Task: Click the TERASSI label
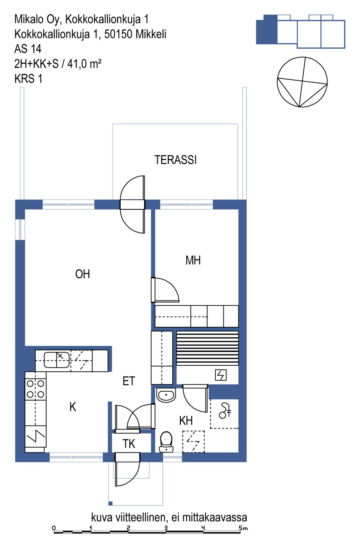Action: point(175,160)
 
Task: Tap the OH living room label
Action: point(82,274)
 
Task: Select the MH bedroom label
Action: point(193,260)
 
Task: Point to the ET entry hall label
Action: point(129,381)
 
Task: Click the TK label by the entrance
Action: point(129,444)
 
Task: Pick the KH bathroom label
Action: point(186,420)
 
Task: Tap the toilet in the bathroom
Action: point(166,442)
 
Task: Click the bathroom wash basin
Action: point(166,395)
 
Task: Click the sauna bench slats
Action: point(207,348)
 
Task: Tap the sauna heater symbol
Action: point(221,375)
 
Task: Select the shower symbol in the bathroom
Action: point(225,410)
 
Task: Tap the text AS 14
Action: point(28,49)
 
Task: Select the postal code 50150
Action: point(118,34)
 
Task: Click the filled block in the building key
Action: point(267,30)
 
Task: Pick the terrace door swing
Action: point(132,204)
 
